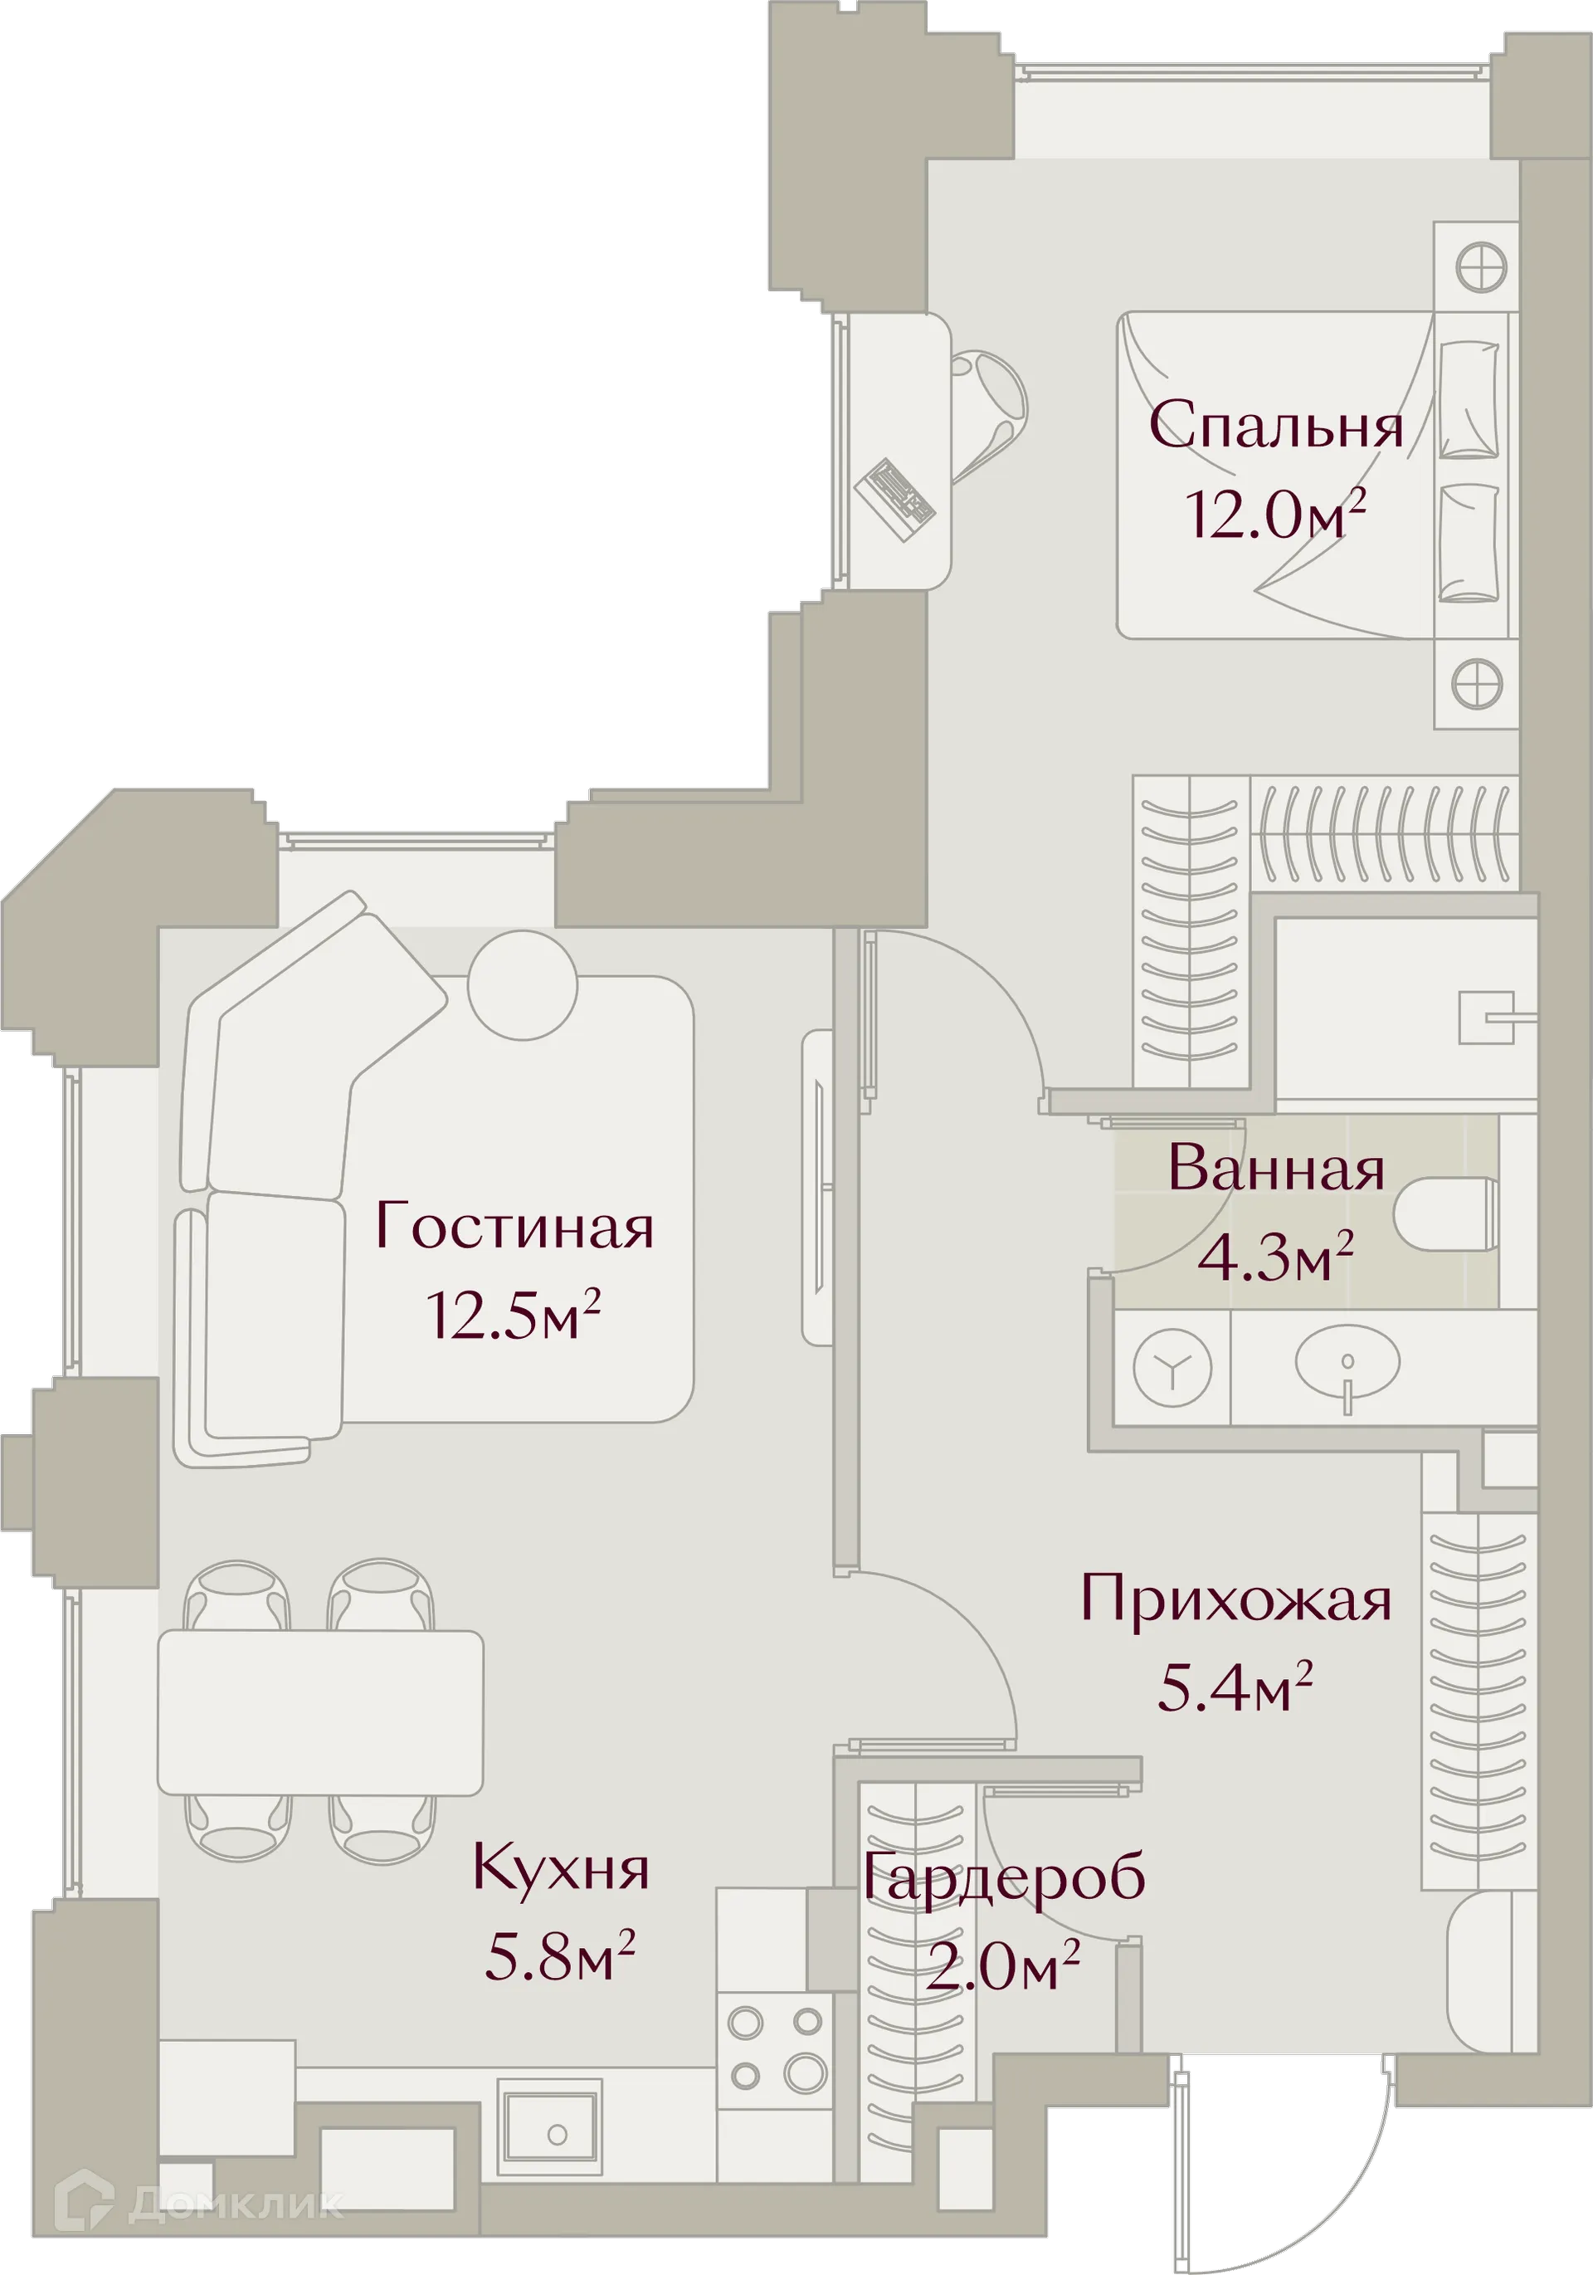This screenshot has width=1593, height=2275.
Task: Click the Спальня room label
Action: pos(1275,425)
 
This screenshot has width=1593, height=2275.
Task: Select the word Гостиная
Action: pos(514,1227)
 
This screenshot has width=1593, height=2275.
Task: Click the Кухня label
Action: pos(560,1869)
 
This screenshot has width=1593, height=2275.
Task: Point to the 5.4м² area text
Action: pos(1235,1687)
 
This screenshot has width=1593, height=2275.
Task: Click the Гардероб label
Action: pos(1004,1876)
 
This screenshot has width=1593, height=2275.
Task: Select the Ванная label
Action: pos(1275,1169)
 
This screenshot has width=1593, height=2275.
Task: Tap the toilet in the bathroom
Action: pos(1446,1213)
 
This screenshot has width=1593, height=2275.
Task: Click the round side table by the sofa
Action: pos(522,986)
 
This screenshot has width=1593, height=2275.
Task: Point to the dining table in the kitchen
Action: pos(320,1712)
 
